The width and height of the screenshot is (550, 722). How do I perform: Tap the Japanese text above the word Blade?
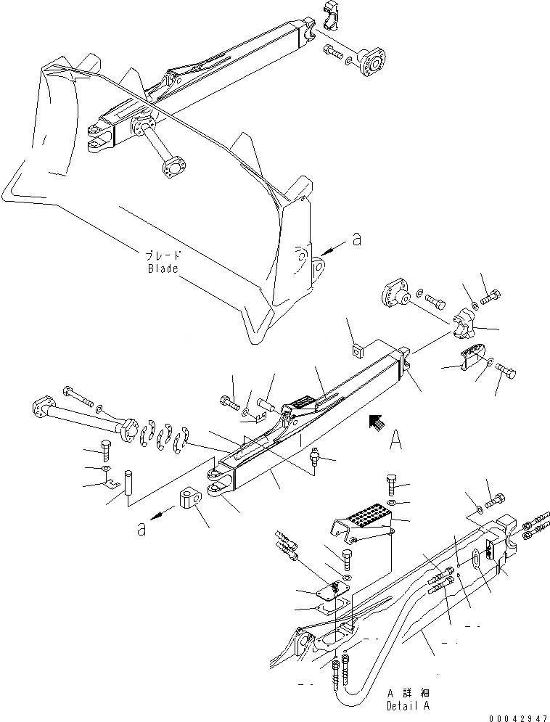[x=163, y=255]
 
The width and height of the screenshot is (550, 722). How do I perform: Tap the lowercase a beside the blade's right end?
[x=356, y=240]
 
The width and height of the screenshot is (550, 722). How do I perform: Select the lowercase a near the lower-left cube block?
[x=142, y=530]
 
